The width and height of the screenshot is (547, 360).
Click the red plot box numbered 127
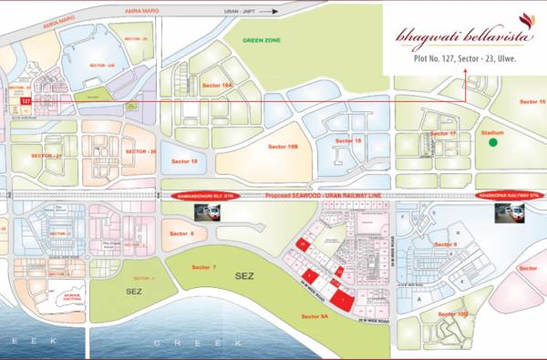(x=26, y=99)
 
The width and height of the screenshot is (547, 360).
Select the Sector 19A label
(x=220, y=85)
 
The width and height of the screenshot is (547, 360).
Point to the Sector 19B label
(x=283, y=146)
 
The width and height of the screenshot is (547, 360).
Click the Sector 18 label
(x=348, y=141)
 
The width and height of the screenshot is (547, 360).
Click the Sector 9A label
(x=314, y=316)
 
